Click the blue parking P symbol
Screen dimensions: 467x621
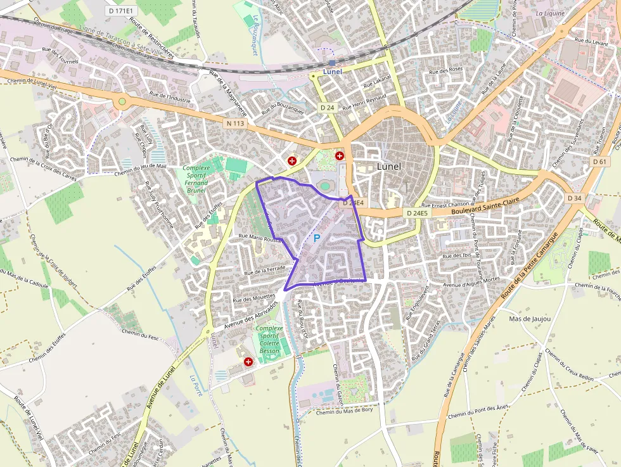316,238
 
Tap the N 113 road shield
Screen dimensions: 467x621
234,123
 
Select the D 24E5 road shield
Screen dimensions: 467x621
417,214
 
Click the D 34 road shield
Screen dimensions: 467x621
574,198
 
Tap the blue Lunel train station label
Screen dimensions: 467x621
332,72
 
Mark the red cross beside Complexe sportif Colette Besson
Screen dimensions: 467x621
248,361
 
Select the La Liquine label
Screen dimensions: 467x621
549,13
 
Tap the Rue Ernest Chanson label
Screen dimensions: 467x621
445,205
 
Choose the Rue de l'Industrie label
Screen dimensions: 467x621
170,98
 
